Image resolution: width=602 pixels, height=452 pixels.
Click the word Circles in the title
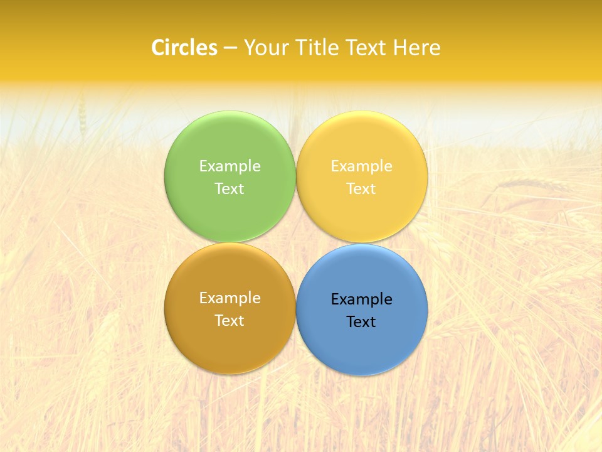coord(184,48)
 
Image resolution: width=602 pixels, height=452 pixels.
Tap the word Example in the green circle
coord(230,166)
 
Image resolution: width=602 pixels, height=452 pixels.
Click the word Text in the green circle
coord(230,188)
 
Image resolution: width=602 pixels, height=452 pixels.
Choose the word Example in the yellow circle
coord(361,166)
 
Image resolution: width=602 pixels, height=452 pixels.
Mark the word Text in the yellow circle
coord(361,188)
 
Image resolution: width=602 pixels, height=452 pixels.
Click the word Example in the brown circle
coord(230,298)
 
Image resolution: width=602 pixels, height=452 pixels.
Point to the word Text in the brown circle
coord(230,320)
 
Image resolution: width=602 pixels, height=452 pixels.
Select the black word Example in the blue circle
coord(361,299)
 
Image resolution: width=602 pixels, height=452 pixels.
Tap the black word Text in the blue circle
coord(361,321)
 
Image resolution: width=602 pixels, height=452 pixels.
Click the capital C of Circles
coord(158,48)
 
